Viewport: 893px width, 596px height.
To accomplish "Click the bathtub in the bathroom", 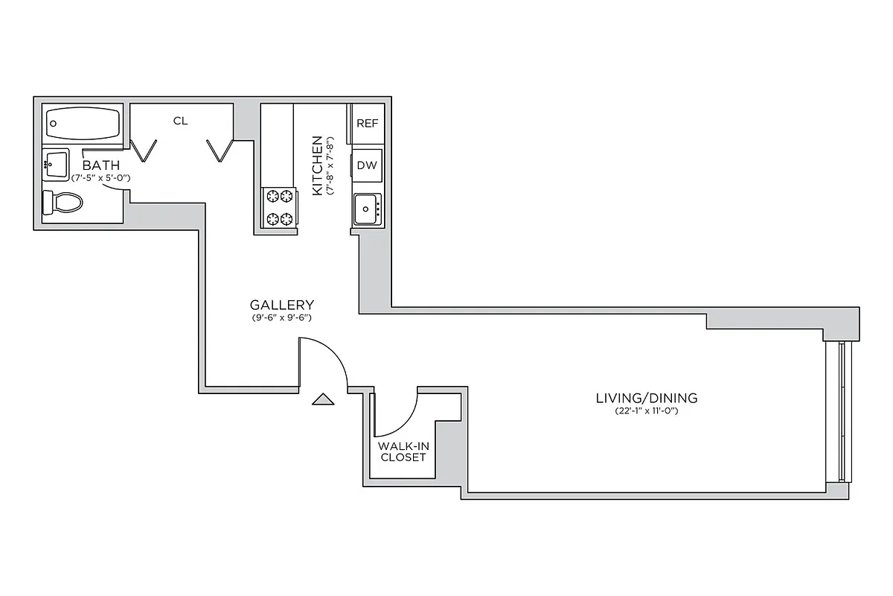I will tap(83, 122).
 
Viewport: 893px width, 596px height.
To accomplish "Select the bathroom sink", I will tap(55, 164).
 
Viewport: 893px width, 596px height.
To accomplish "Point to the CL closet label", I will tap(180, 121).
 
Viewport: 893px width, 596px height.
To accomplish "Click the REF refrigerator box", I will tap(368, 124).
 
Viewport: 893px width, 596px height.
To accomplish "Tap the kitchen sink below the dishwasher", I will tap(367, 208).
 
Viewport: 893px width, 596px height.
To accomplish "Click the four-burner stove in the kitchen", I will tap(280, 208).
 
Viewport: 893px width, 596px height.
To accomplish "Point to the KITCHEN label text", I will tap(318, 165).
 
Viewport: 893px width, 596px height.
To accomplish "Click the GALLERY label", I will tap(281, 305).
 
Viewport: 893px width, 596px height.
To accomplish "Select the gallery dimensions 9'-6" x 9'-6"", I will tap(281, 318).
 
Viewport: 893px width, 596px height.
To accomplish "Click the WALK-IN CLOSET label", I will tap(403, 451).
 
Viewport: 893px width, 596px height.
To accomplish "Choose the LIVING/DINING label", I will tap(647, 398).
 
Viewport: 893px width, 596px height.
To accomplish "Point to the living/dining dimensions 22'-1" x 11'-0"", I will tap(647, 411).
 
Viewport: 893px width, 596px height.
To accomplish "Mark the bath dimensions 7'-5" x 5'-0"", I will tap(101, 178).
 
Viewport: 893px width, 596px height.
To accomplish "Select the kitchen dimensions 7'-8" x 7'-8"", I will tap(331, 165).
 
